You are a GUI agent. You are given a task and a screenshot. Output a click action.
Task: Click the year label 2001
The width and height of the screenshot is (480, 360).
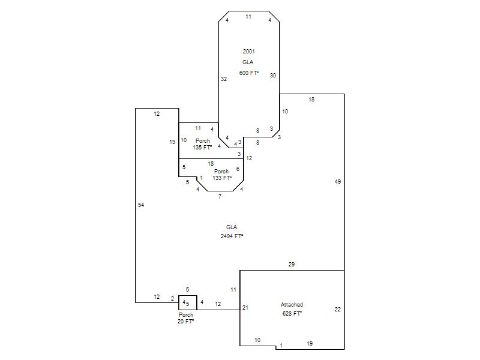pos(248,51)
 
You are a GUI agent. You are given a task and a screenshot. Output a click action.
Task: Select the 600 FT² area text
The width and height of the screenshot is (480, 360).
pos(248,73)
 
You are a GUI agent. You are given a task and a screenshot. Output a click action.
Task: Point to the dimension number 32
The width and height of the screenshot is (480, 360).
pos(224,79)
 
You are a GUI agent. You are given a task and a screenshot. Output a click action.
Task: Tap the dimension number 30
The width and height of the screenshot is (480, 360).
pos(273,75)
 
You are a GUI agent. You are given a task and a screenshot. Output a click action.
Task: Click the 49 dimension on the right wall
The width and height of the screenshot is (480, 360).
pos(338,181)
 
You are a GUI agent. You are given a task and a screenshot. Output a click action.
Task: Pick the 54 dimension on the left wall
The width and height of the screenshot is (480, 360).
pos(141,205)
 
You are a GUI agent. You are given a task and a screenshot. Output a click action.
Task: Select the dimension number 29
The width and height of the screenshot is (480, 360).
pos(292,264)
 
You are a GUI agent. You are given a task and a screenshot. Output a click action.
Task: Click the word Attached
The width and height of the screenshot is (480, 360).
pos(292,305)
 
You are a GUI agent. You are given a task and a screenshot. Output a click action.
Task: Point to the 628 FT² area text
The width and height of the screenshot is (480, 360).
pos(292,313)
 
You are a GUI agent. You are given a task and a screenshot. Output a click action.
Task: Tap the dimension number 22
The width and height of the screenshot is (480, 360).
pos(338,310)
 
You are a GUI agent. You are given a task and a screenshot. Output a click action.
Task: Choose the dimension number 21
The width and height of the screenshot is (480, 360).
pos(245,308)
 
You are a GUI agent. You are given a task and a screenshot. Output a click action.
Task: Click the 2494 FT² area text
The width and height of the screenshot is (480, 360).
pos(232,236)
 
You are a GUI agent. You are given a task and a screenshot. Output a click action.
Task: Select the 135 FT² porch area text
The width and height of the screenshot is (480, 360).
pos(202,147)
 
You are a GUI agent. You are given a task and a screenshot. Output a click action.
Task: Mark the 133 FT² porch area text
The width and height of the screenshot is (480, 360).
pos(221,178)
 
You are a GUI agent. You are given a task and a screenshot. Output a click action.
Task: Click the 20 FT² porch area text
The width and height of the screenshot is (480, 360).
pos(186,322)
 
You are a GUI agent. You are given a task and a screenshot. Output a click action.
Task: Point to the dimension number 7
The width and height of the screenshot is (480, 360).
pos(220,196)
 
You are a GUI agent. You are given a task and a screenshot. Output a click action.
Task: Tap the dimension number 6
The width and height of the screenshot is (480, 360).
pos(238,169)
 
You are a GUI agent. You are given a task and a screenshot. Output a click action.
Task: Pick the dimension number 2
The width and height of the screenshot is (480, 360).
pos(172,298)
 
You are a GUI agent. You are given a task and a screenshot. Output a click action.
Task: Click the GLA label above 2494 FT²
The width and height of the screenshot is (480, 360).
pos(232,227)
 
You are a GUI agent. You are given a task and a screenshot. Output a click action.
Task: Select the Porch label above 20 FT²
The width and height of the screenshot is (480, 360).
pos(186,314)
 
